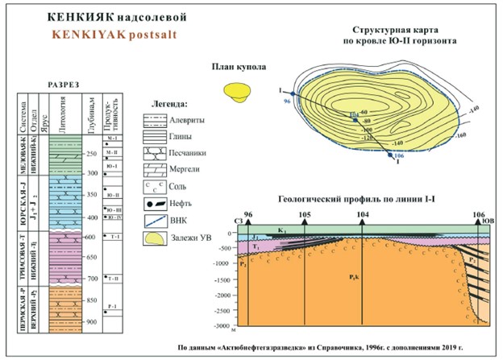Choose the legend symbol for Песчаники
point(163,151)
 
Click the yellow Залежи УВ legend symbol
point(163,237)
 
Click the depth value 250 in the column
point(92,153)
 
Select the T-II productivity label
point(115,278)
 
